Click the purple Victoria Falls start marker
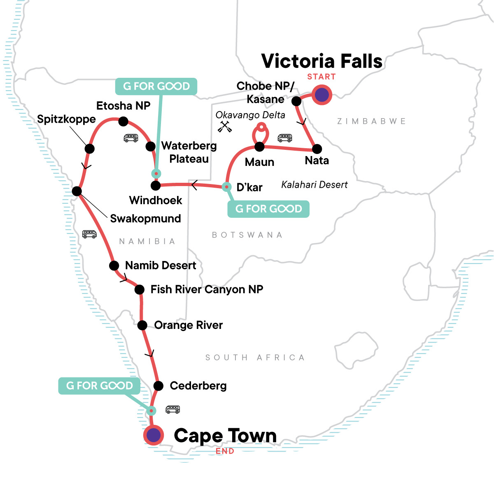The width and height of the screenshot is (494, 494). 322,95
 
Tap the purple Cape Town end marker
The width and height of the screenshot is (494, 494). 154,435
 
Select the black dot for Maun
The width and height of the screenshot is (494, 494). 259,147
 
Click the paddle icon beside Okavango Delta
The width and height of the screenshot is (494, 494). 225,127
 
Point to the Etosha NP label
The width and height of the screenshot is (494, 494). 123,106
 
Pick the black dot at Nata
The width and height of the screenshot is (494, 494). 317,149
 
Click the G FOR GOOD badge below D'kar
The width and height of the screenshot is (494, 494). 268,209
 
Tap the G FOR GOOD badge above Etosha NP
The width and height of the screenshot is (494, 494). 156,86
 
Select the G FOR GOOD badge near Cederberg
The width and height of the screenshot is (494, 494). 99,386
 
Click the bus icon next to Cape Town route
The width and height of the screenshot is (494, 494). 172,409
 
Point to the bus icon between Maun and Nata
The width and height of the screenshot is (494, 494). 284,137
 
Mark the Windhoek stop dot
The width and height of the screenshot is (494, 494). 156,186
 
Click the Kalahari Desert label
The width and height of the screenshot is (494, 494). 314,185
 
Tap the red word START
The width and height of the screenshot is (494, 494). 321,77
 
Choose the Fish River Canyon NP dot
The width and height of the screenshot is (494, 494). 140,290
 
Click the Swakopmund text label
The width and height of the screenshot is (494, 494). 145,219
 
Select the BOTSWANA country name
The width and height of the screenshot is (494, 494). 247,235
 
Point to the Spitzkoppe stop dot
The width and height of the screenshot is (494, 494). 89,149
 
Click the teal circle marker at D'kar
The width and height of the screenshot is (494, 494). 226,187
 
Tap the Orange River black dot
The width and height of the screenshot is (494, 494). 142,325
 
